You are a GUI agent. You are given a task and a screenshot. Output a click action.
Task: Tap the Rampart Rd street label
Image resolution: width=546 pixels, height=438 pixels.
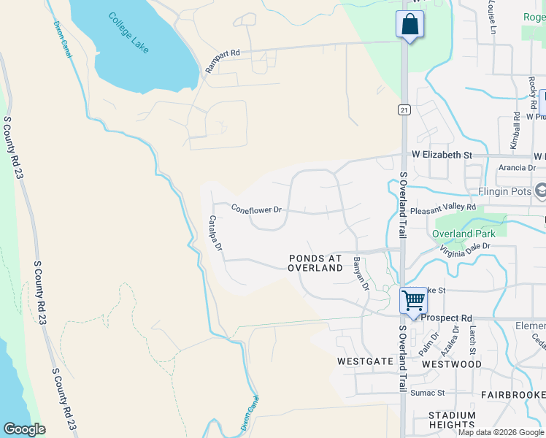pos(223,61)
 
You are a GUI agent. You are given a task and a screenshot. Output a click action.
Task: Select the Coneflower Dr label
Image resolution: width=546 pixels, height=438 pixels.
pos(256,209)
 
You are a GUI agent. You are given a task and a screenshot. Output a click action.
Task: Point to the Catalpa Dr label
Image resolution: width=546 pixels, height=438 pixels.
pos(215,233)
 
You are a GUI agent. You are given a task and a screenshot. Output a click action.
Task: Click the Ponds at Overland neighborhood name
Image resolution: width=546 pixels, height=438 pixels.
pos(315,263)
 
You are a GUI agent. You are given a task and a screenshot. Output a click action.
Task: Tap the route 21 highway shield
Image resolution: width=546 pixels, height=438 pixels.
pos(404,109)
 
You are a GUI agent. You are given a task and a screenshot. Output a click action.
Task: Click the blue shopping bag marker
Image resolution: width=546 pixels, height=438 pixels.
pos(409,24)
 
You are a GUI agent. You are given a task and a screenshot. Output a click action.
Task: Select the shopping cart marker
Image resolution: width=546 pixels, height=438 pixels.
pos(413,300)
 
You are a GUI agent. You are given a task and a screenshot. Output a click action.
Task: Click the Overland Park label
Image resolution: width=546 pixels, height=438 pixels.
pos(464,234)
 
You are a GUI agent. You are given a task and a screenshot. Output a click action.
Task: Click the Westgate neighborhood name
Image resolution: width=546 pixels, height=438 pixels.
pos(361,361)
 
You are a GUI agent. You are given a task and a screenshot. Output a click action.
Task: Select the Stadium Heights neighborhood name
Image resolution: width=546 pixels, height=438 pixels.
pos(452,420)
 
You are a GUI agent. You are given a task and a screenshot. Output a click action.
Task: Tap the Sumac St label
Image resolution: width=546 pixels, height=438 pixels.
pos(427,393)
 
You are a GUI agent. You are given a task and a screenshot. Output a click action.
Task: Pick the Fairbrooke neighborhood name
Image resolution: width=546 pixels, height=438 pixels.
pos(512,394)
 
